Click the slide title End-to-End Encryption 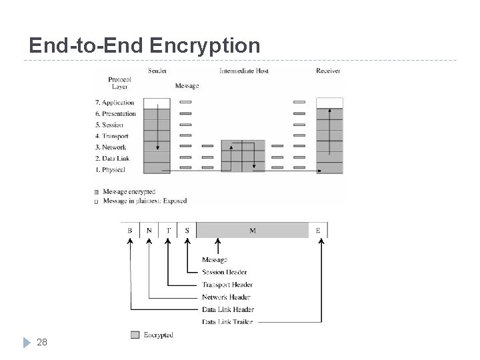point(145,45)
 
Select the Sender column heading point(157,71)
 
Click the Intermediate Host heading point(243,71)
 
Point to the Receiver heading point(329,71)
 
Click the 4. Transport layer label point(112,136)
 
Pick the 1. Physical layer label point(111,170)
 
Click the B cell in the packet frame point(130,231)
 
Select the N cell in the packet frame point(149,231)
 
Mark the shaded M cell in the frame point(253,231)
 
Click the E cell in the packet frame point(318,231)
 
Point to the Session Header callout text point(224,272)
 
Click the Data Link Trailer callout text point(227,322)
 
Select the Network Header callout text point(226,297)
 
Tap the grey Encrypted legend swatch point(135,335)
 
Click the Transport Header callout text point(227,285)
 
